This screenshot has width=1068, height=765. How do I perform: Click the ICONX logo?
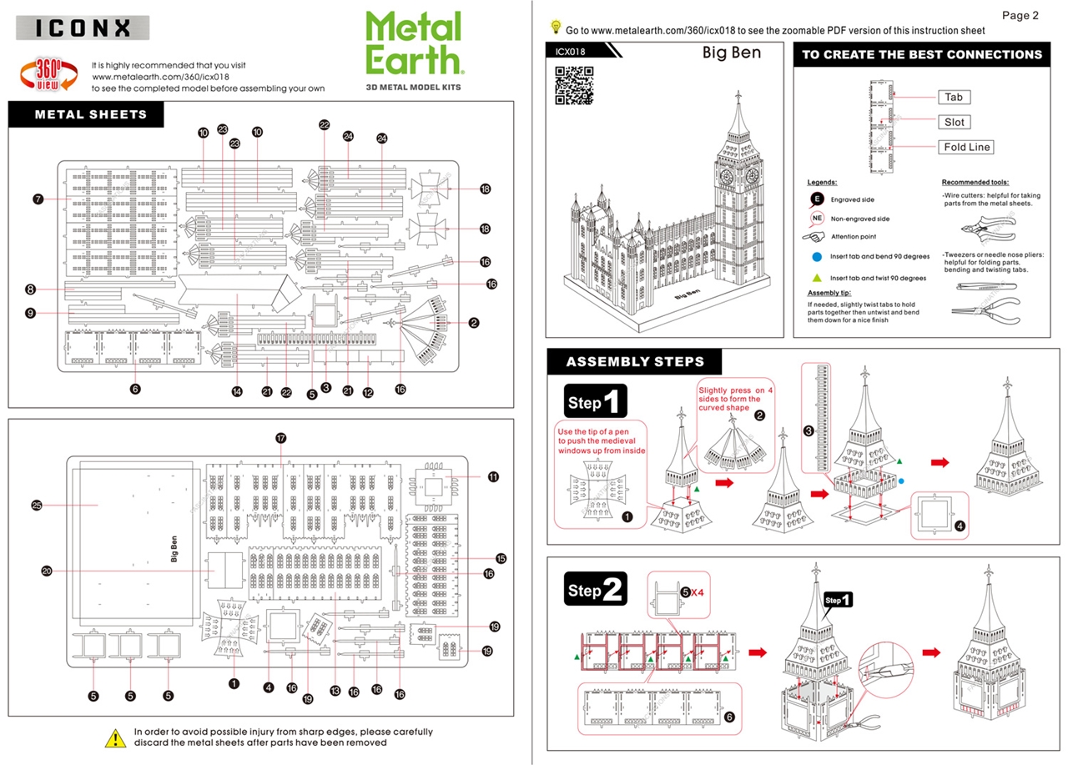point(83,28)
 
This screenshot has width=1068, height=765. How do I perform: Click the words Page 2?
point(1020,15)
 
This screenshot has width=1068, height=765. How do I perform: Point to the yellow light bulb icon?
point(555,28)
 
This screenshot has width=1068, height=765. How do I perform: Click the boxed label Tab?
point(954,97)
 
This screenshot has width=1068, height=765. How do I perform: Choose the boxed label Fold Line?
point(967,147)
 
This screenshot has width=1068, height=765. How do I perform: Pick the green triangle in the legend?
point(817,278)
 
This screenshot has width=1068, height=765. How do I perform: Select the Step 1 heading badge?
point(595,403)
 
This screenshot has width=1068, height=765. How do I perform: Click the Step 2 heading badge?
point(595,591)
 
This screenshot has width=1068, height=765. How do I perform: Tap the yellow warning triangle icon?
point(115,737)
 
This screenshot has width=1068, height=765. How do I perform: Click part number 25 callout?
point(37,505)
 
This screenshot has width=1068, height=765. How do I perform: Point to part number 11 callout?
point(493,476)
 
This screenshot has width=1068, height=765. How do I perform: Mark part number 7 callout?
point(38,199)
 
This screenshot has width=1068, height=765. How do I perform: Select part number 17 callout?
point(281,438)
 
